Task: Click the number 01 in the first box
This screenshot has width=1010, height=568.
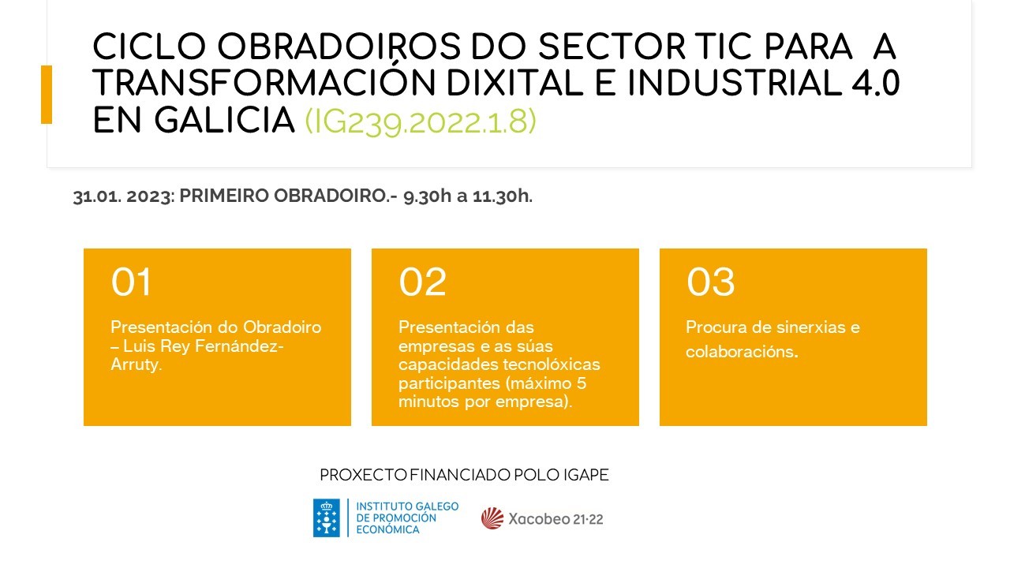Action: (131, 282)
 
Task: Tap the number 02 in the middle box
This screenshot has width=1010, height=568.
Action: (422, 282)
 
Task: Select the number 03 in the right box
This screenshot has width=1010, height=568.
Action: (710, 282)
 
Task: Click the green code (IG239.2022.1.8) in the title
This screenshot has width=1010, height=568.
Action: (421, 121)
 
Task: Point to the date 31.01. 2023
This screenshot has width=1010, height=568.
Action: (122, 197)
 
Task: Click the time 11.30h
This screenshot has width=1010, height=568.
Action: (502, 197)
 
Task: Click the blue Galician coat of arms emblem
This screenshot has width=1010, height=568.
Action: (327, 518)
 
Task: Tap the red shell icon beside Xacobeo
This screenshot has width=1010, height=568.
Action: (492, 518)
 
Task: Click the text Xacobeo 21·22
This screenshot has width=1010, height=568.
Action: (555, 519)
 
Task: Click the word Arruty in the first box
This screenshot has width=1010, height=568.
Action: (136, 364)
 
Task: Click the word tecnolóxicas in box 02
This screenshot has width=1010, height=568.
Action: (555, 364)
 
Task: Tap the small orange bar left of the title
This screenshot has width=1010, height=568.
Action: (47, 95)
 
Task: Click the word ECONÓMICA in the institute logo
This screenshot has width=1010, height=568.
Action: (388, 529)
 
